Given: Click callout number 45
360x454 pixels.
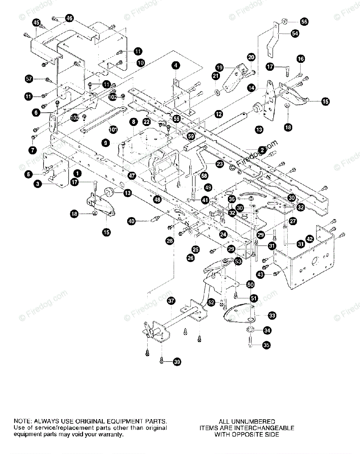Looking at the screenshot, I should click(36, 23).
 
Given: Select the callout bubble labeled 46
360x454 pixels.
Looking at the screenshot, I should click(69, 18).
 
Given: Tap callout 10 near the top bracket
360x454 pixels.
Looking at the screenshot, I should click(140, 63).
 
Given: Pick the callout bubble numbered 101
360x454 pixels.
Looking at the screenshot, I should click(113, 129).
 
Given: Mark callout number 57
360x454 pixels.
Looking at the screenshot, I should click(28, 79).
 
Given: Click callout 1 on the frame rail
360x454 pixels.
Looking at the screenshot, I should click(77, 173).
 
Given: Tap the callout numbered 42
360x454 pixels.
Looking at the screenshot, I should click(310, 239).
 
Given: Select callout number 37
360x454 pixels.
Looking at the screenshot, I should click(171, 301).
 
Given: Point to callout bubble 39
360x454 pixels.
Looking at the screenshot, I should click(177, 362).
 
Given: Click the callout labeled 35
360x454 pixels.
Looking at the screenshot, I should click(266, 345).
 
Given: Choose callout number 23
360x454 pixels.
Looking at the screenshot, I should click(220, 164).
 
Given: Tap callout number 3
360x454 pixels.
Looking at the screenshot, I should click(37, 184).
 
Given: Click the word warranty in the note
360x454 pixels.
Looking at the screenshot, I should click(111, 435).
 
